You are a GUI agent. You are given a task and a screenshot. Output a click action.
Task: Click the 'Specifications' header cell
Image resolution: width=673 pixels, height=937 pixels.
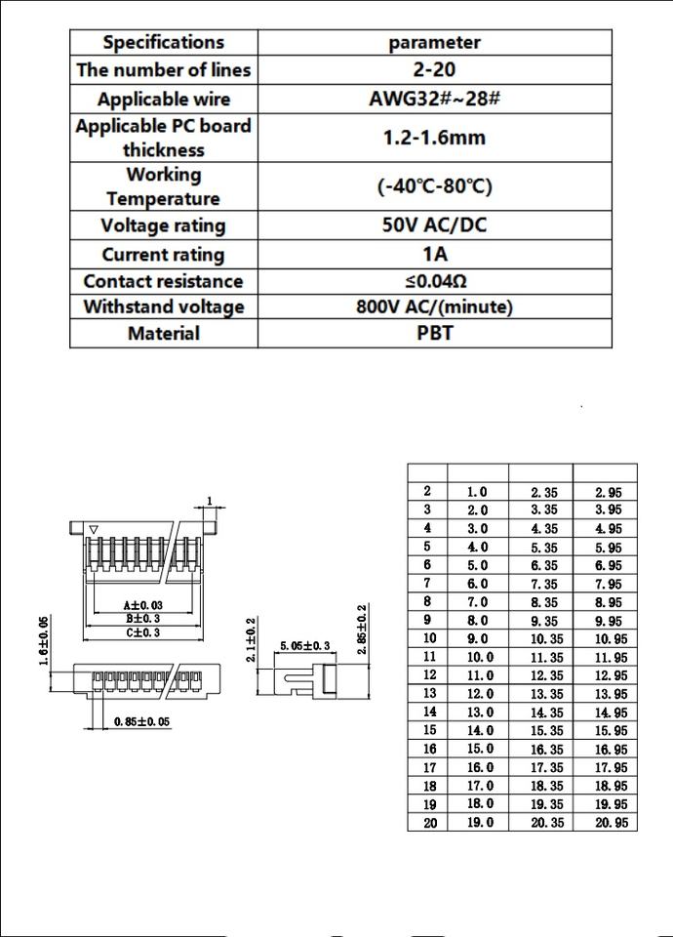point(163,42)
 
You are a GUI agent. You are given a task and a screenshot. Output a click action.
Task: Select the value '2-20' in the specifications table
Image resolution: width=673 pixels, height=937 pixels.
point(434,69)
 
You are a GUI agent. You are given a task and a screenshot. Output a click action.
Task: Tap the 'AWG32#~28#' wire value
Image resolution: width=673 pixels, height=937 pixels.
point(434,100)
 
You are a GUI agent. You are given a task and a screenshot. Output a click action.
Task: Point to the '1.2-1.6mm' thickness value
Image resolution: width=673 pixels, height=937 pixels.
point(434,138)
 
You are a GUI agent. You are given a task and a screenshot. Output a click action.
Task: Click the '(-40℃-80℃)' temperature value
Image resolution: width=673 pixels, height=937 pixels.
point(434,186)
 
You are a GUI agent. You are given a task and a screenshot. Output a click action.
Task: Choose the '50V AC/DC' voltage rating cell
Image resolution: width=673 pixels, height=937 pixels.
point(434,225)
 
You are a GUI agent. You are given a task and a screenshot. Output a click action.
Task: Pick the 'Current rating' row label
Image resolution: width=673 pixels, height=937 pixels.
point(163,255)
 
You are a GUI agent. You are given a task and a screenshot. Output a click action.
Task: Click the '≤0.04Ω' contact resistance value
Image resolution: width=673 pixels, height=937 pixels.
point(434,281)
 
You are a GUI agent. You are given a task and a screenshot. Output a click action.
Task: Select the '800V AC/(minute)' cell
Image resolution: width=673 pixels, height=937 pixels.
point(434,306)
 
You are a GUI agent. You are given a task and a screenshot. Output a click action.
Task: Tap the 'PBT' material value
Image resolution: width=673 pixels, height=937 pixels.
point(434,333)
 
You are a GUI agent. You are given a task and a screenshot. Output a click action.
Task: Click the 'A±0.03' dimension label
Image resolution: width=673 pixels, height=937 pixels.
point(141,605)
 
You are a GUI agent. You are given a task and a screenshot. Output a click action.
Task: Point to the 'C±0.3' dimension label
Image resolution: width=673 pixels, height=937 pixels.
point(141,632)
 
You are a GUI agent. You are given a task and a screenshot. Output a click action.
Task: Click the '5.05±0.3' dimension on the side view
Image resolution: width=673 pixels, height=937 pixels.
point(305,645)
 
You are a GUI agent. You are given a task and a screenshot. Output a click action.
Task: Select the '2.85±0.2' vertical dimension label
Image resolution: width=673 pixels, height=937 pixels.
point(362,631)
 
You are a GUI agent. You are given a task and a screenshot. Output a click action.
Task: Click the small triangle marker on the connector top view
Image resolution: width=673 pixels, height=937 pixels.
point(93,530)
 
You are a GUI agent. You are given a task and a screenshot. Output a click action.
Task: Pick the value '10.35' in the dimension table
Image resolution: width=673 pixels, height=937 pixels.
point(543,638)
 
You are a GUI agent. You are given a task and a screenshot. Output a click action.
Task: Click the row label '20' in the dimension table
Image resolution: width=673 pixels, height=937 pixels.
point(429,823)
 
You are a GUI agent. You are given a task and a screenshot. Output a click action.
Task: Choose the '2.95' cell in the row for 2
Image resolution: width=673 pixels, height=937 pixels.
point(608,493)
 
